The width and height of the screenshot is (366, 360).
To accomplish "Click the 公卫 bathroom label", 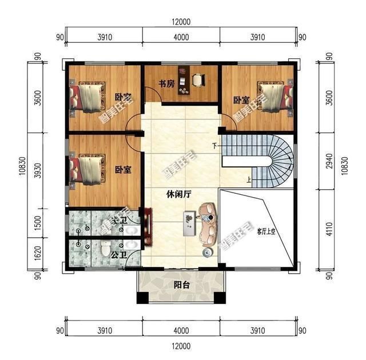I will (119, 253).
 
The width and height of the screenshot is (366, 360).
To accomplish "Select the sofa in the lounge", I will (207, 227).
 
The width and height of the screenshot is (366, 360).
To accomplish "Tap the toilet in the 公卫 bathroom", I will (105, 249).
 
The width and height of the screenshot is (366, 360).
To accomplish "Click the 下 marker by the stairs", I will (214, 145).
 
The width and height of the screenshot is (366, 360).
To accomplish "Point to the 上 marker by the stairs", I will (249, 181).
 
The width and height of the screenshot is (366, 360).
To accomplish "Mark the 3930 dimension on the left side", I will (37, 170).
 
